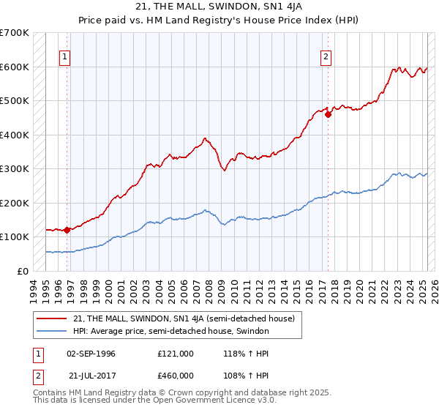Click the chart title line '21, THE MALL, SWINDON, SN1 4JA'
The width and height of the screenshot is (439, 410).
click(x=219, y=7)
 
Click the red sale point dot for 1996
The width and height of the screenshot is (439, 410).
click(x=67, y=230)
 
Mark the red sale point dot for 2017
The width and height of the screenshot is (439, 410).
click(x=329, y=114)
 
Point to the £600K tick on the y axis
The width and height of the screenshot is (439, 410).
click(x=15, y=67)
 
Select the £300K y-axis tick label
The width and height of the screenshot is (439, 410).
click(x=15, y=169)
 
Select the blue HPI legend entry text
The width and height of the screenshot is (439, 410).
click(x=171, y=332)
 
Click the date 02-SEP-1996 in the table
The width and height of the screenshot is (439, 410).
click(x=91, y=354)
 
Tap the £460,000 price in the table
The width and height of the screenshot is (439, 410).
click(x=176, y=376)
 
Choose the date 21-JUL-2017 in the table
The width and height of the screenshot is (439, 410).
click(x=91, y=376)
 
